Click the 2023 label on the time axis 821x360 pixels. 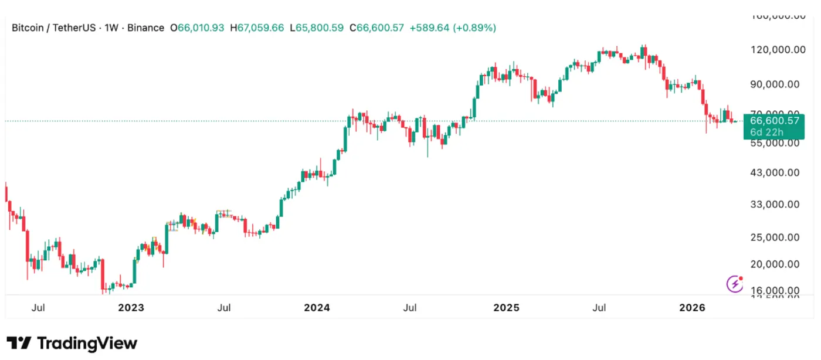coord(131,307)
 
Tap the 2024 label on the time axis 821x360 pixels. coord(317,307)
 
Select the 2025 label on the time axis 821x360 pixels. coord(506,307)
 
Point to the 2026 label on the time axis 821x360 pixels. coord(691,307)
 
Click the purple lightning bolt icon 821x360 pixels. coord(735,284)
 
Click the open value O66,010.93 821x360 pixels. coord(197,28)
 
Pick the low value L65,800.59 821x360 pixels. coord(316,28)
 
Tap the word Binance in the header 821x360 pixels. coord(145,28)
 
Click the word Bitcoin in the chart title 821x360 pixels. coord(28,28)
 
